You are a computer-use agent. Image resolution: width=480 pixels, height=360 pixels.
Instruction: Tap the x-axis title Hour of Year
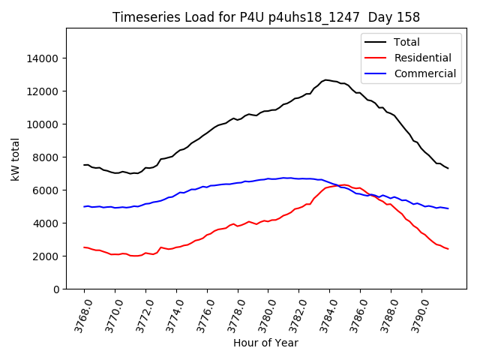click(x=265, y=343)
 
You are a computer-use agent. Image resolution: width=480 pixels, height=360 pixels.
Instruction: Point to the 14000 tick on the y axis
click(x=43, y=58)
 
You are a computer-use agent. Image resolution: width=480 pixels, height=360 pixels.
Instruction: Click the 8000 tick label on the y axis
click(x=46, y=157)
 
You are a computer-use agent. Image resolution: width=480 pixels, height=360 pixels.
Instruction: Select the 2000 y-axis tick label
click(x=46, y=256)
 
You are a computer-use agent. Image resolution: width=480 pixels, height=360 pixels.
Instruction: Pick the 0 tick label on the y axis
click(x=55, y=289)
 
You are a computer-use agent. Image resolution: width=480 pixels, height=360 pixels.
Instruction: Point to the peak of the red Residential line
click(x=343, y=184)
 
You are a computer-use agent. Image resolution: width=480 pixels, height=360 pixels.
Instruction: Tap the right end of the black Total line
click(x=448, y=168)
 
